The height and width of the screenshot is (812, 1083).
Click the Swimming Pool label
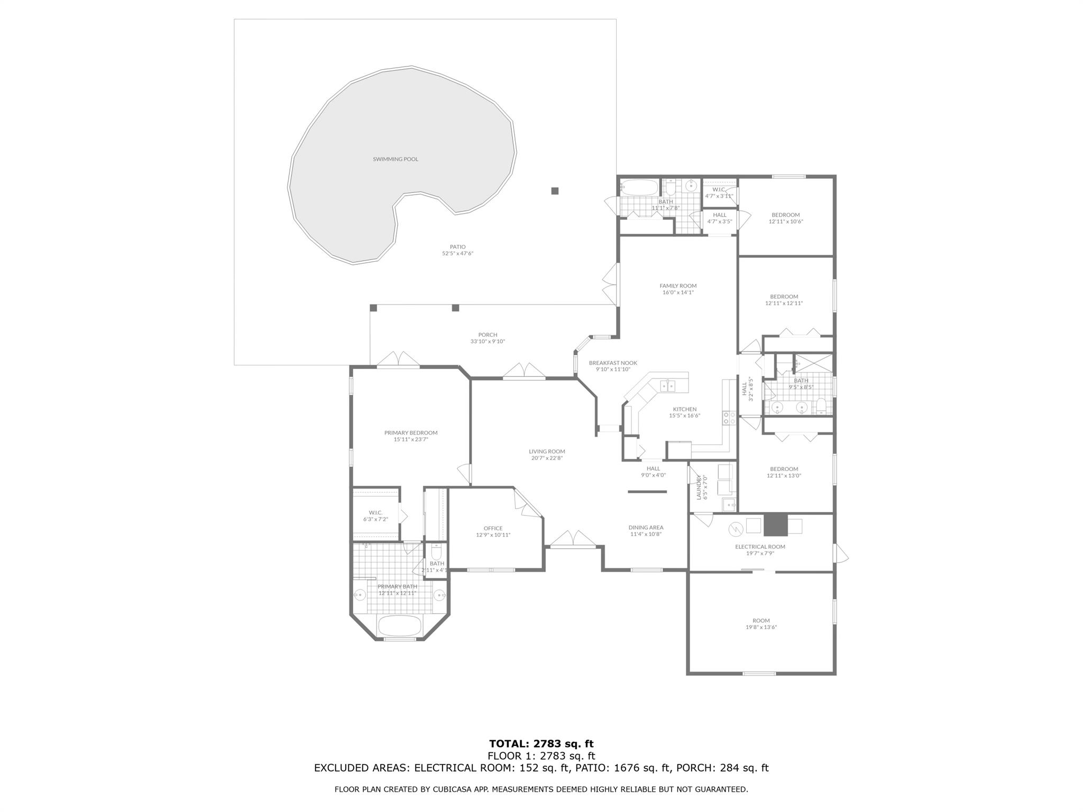click(395, 159)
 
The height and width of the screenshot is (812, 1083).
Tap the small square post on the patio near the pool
click(555, 191)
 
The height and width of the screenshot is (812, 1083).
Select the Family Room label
click(678, 286)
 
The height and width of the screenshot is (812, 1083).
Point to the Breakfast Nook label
click(613, 363)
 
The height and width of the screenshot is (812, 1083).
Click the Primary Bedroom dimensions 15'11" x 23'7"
click(410, 439)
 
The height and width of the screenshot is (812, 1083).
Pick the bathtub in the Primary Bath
click(400, 626)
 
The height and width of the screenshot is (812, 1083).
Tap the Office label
click(493, 528)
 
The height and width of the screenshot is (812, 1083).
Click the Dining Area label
click(646, 528)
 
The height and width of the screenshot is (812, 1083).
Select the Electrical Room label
click(760, 547)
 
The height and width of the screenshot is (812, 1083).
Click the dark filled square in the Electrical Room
click(775, 525)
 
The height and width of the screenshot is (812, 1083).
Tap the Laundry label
click(699, 487)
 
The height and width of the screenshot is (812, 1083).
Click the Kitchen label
click(684, 409)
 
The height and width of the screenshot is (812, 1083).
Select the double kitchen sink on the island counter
click(668, 385)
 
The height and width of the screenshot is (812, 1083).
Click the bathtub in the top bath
click(639, 187)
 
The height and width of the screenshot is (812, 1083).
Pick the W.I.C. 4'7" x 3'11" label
click(719, 192)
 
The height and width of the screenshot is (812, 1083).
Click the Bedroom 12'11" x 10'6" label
click(785, 218)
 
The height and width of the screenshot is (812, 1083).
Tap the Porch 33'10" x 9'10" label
click(488, 338)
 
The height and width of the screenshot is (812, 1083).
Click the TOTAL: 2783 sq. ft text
click(541, 744)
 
